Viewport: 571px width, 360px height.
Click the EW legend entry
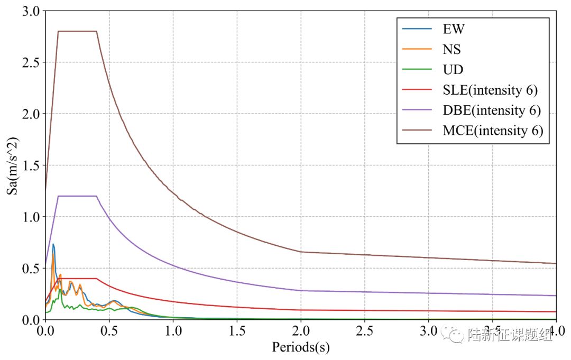(454, 29)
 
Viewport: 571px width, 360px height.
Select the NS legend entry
(452, 49)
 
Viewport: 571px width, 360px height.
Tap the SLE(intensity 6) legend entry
(490, 90)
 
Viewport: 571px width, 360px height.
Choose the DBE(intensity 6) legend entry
(492, 110)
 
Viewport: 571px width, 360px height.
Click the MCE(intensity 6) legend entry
(493, 131)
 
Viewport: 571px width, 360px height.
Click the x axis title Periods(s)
(300, 347)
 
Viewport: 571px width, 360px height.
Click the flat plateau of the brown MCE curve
(77, 31)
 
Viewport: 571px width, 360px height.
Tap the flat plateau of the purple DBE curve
(77, 196)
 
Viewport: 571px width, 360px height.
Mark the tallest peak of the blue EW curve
(53, 244)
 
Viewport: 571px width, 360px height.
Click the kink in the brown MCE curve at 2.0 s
(301, 252)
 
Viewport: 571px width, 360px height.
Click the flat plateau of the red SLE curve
(77, 278)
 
